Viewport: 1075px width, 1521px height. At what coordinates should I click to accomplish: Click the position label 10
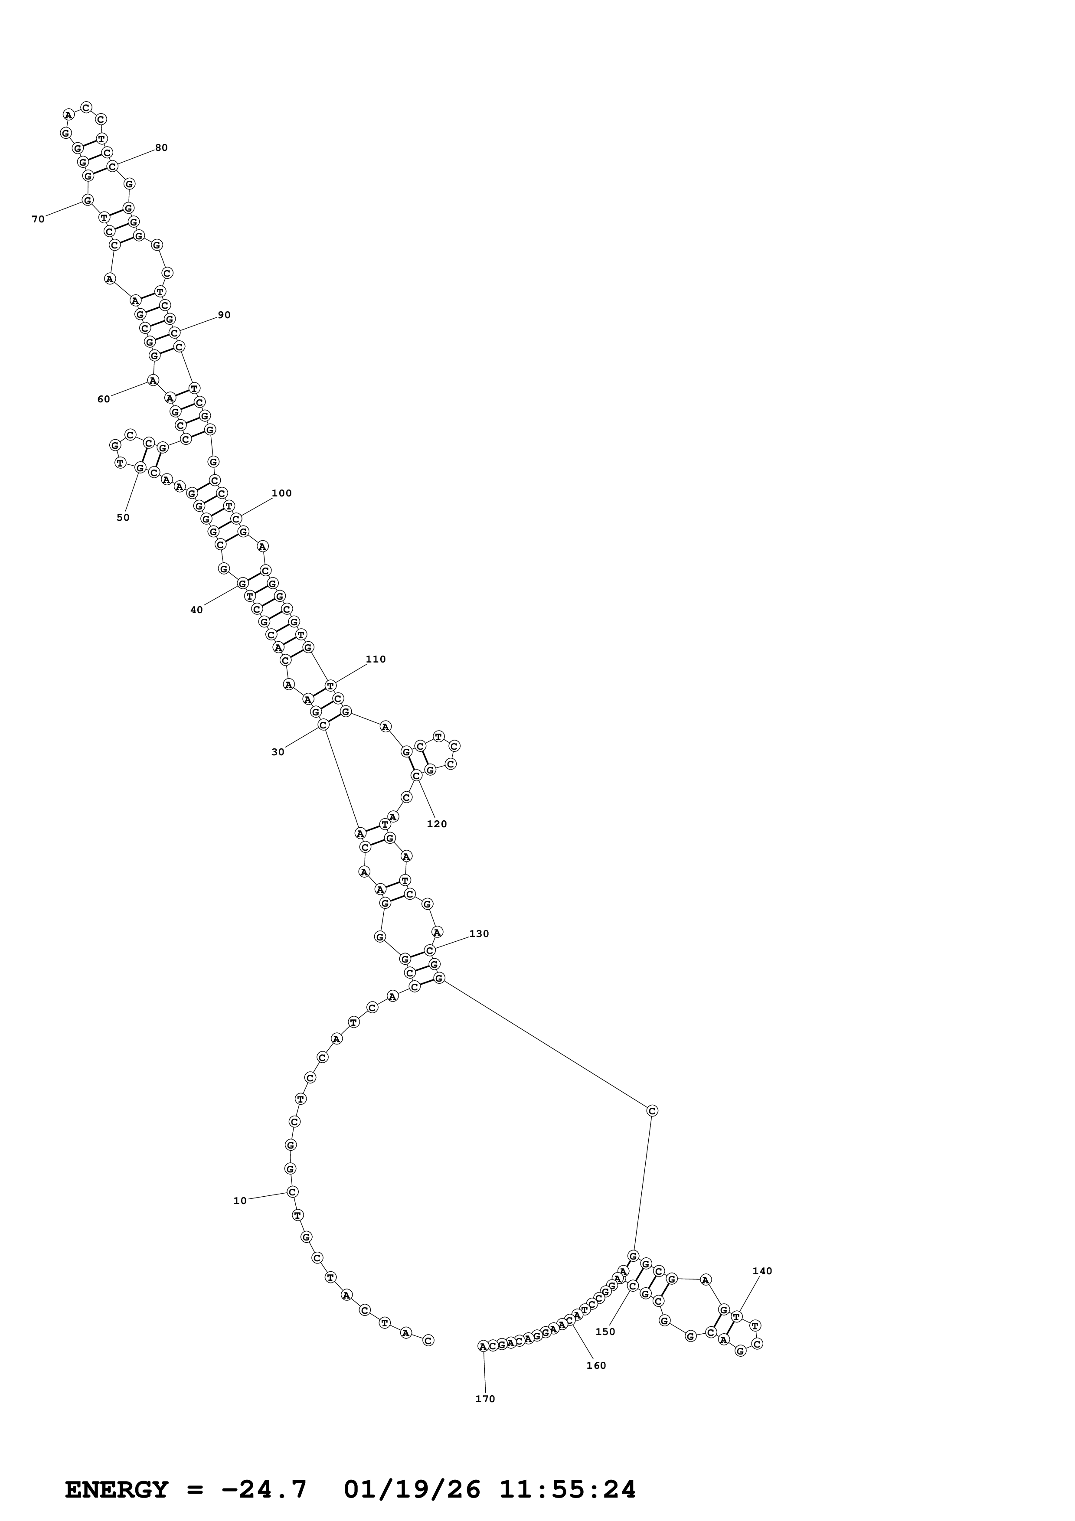pos(240,1201)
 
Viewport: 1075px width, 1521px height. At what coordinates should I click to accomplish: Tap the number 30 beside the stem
pos(278,752)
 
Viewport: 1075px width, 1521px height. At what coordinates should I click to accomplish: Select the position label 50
pos(123,517)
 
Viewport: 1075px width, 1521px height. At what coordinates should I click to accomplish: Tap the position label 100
pos(281,493)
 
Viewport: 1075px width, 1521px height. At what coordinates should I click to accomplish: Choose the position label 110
pos(376,659)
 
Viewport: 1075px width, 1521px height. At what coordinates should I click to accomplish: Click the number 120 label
pos(437,824)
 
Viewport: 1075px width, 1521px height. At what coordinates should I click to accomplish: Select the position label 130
pos(479,933)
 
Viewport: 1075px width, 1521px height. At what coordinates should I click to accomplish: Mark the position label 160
pos(596,1365)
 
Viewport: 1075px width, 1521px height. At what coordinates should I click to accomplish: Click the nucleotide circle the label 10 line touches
pos(292,1192)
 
